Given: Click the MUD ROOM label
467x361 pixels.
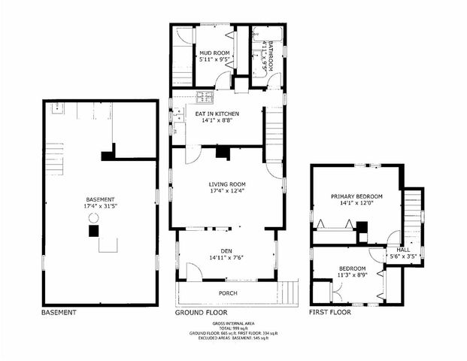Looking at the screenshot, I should tap(214, 53).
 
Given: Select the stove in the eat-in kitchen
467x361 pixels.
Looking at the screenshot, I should tap(205, 96).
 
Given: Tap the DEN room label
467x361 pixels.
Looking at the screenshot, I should tap(226, 250).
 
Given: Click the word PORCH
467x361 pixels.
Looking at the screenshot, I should tap(228, 293).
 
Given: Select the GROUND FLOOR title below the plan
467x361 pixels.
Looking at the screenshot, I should tap(201, 311).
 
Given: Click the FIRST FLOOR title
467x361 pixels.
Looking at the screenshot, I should tap(330, 311).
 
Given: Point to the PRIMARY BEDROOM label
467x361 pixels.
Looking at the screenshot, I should tap(357, 196).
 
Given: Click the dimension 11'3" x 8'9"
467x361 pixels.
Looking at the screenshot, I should tap(352, 275).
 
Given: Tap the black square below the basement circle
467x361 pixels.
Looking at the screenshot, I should tap(93, 232).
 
